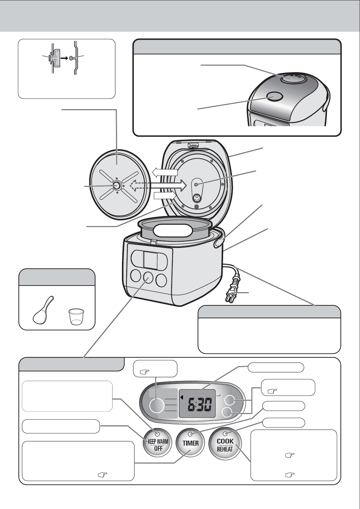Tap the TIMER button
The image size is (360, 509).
191,443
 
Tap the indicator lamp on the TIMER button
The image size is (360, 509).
190,434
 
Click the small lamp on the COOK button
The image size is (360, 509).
225,434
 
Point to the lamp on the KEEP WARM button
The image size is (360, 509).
157,434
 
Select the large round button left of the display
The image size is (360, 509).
156,405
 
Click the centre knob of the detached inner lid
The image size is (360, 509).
116,186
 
